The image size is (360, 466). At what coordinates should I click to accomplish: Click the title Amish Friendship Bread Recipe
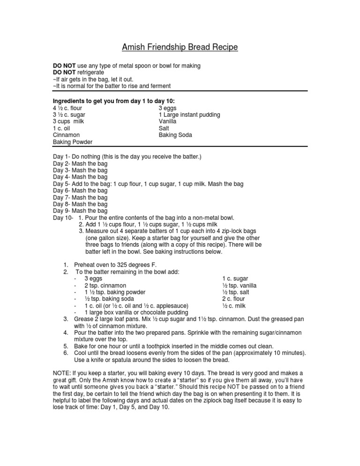click(180, 47)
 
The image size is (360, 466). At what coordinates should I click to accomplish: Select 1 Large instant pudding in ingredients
click(189, 115)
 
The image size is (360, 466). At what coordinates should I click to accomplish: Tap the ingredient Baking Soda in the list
click(175, 135)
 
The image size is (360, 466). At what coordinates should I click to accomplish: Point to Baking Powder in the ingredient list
click(73, 142)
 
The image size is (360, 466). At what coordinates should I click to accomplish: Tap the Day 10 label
click(63, 218)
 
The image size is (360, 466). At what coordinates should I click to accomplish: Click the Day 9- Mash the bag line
click(80, 211)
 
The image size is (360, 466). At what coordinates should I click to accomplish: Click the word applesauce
click(172, 306)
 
